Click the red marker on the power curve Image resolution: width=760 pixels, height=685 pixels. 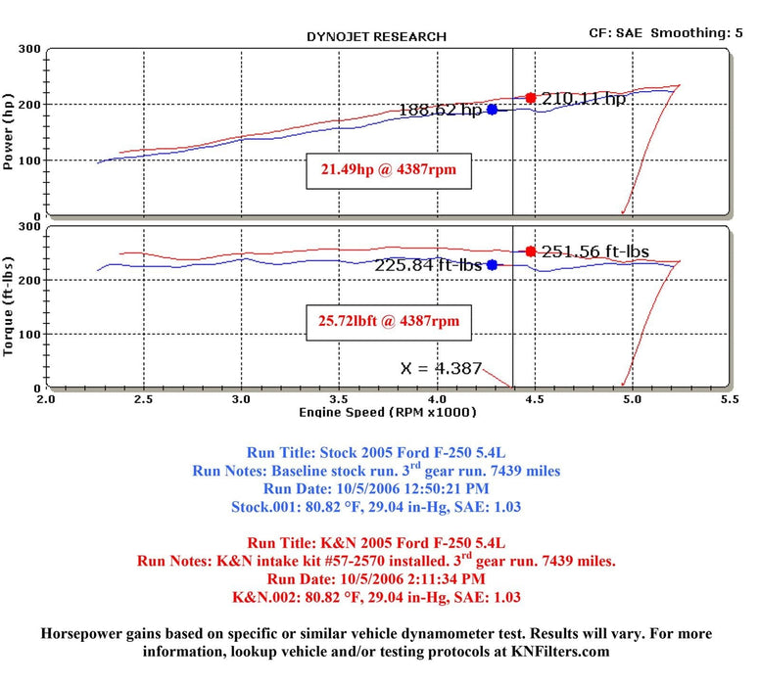click(x=531, y=98)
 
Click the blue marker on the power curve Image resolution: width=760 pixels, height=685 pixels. click(x=492, y=110)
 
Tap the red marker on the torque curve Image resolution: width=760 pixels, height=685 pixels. click(x=531, y=251)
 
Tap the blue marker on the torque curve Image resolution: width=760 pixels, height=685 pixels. click(x=492, y=264)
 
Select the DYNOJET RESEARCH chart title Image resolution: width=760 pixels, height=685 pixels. click(x=376, y=36)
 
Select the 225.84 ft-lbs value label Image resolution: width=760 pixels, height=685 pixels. click(x=429, y=264)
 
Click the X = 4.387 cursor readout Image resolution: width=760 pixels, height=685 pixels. click(x=441, y=369)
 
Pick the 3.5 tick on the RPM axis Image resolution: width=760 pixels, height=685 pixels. click(x=339, y=399)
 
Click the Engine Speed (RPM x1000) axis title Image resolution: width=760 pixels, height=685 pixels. click(x=387, y=412)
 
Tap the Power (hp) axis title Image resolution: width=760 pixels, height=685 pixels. click(x=10, y=133)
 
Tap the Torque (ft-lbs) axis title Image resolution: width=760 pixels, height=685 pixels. click(x=10, y=306)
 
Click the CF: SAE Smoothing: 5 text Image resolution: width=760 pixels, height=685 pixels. click(x=672, y=32)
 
